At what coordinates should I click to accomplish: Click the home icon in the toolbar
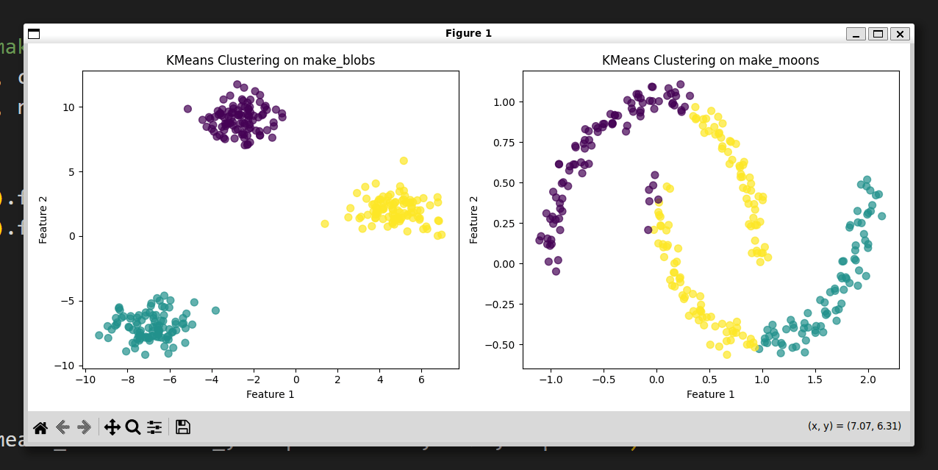pos(40,427)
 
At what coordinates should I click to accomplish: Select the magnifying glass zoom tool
pos(133,427)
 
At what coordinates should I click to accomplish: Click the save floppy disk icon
pos(183,427)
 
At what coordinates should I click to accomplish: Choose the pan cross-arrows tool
pos(112,427)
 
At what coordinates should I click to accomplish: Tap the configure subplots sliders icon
pos(154,427)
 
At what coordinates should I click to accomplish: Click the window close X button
pos(900,34)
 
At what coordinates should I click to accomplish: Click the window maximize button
pos(878,34)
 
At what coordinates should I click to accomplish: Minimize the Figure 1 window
pos(856,34)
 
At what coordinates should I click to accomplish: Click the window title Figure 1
pos(468,33)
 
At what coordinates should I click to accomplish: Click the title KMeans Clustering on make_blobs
pos(271,60)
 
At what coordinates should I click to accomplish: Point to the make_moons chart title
pos(710,60)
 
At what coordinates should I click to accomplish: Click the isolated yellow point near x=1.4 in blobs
pos(325,224)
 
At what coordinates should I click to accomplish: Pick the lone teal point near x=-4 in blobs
pos(215,310)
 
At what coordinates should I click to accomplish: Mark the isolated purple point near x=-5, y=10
pos(187,109)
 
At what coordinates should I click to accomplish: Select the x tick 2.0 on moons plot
pos(868,379)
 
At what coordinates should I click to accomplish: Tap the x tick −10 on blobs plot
pos(85,379)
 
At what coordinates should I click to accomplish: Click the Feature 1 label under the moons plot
pos(710,395)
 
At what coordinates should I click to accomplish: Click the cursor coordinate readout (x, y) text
pos(854,426)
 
